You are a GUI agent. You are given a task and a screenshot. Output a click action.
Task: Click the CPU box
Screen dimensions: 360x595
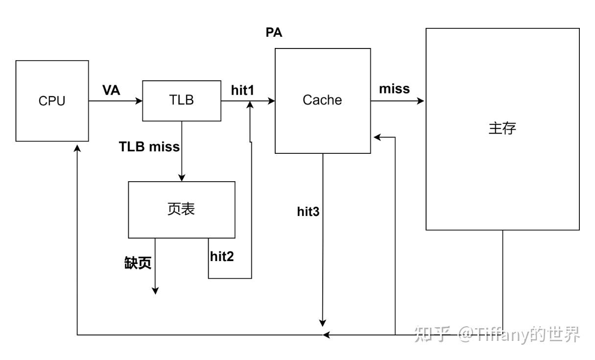point(52,101)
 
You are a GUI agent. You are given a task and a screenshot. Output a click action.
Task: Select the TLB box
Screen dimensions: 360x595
point(181,100)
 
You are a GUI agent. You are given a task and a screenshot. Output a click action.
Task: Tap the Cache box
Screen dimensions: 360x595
point(322,100)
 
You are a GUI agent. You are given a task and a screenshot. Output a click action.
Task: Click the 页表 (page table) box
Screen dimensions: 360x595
point(181,209)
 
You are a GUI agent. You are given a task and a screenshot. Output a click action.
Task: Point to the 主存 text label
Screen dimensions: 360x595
point(502,128)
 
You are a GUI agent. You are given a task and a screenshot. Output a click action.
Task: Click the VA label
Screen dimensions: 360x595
point(111,90)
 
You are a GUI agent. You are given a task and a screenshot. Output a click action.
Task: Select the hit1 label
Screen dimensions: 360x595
point(242,90)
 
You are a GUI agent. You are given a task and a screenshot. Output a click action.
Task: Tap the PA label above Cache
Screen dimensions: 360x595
point(274,33)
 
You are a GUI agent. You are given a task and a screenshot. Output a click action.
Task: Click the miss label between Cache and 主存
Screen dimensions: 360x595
point(394,89)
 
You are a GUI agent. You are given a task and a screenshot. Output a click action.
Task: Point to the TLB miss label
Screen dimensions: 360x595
point(149,146)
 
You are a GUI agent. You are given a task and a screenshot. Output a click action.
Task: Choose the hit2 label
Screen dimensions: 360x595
point(222,256)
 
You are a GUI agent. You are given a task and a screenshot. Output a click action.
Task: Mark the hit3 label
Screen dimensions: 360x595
point(308,212)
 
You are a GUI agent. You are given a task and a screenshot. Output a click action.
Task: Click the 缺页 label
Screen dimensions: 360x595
point(138,263)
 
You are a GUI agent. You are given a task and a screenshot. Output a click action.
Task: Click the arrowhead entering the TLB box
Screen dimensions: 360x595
point(139,101)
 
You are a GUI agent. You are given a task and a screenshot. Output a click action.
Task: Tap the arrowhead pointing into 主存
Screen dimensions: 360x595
point(421,101)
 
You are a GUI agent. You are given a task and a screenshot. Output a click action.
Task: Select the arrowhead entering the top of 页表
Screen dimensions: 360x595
point(181,178)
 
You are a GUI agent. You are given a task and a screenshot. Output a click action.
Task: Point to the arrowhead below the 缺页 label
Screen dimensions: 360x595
point(155,291)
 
